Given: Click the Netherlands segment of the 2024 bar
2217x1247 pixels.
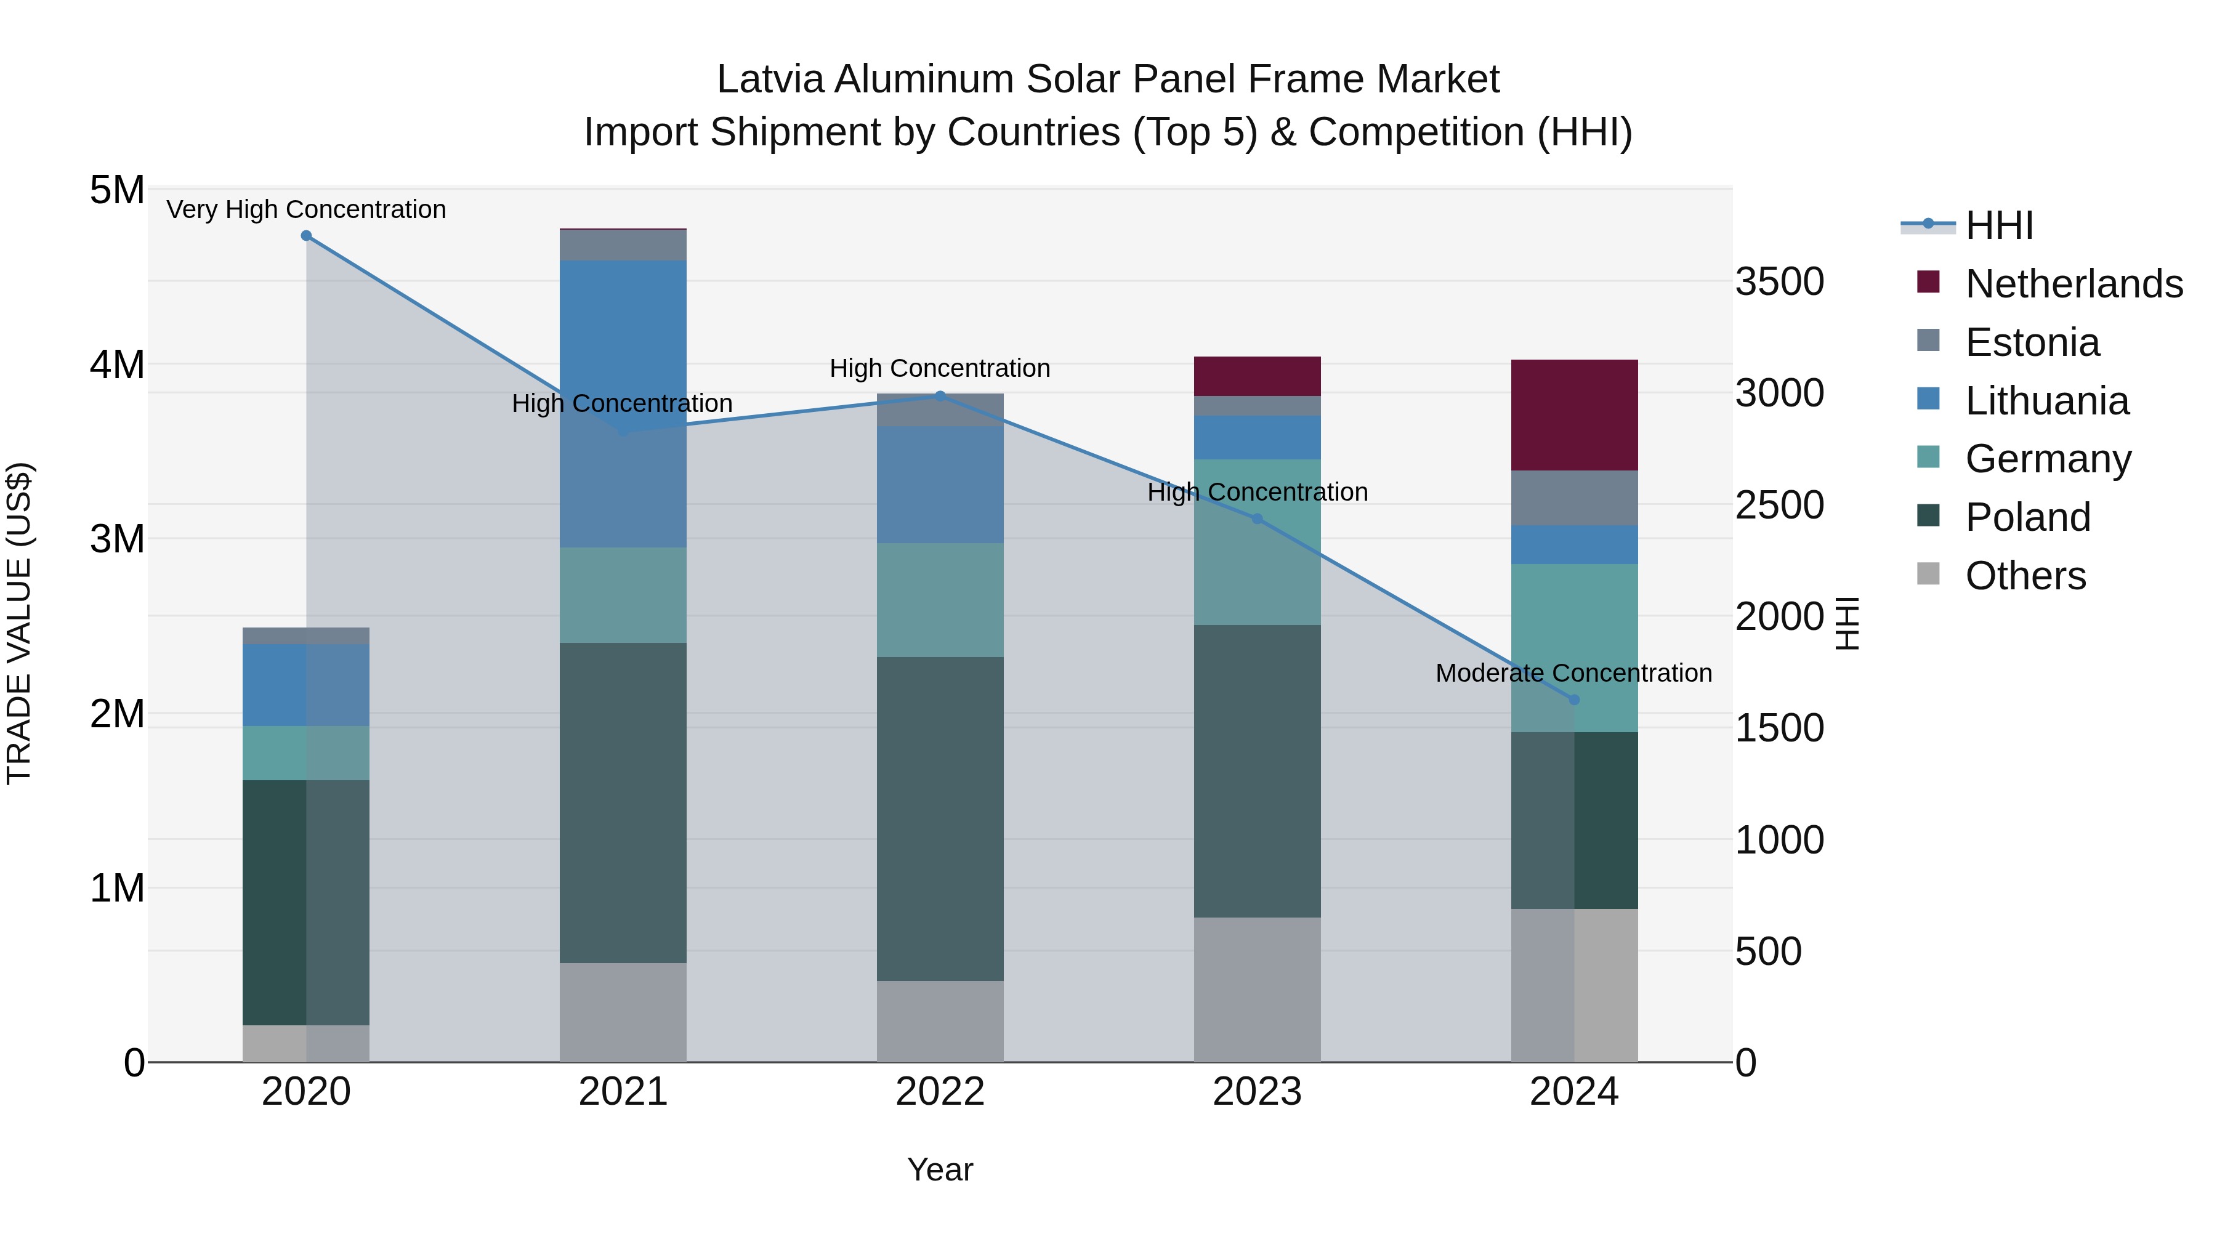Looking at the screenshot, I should point(1574,415).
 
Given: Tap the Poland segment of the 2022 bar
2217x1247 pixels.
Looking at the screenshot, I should point(940,818).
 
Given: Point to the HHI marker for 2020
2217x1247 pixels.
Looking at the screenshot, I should point(307,236).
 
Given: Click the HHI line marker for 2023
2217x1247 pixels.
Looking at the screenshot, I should point(1258,519).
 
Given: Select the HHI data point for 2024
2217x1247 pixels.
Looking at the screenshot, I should point(1574,700).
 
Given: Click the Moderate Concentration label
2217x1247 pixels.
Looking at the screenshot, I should point(1573,673).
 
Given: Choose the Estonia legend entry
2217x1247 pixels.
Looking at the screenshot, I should point(2032,342).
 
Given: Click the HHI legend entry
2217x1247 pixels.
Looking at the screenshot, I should point(1998,225).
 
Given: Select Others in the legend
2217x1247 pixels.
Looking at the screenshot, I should point(2025,576).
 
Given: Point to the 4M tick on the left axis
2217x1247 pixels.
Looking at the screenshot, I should point(117,365).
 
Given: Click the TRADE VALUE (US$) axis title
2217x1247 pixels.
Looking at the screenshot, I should point(19,623).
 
